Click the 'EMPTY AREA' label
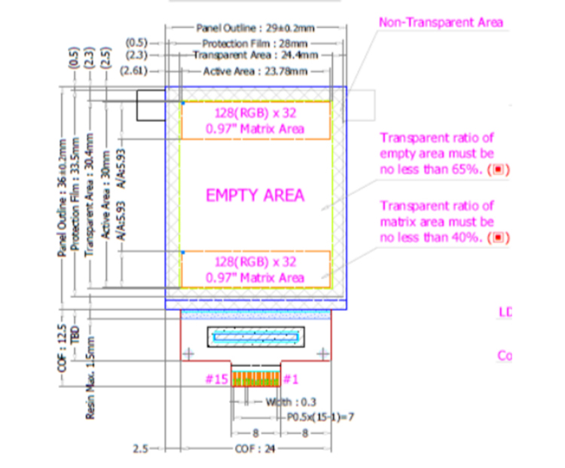(x=255, y=195)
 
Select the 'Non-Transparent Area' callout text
(x=441, y=23)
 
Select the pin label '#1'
(x=292, y=378)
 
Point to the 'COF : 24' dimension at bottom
(x=255, y=448)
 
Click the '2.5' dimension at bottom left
(x=140, y=448)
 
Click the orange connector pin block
(x=255, y=377)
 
